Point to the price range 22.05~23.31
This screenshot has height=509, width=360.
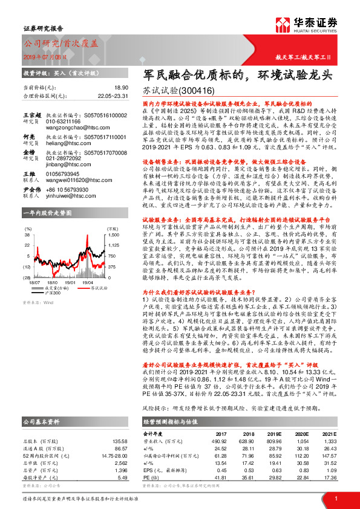click(97, 96)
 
